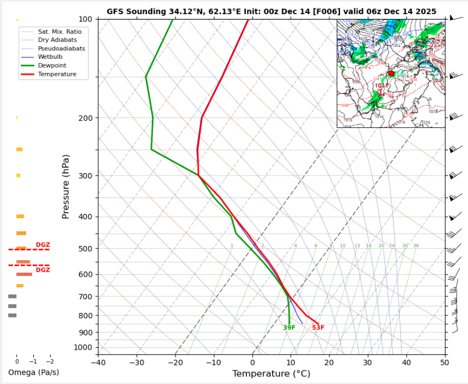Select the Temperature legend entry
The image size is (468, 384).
click(57, 74)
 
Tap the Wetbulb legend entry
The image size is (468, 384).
click(50, 56)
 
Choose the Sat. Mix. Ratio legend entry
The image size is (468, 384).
click(59, 30)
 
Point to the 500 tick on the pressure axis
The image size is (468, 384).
click(85, 249)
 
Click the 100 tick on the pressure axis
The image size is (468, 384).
click(85, 20)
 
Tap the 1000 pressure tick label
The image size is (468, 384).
click(84, 347)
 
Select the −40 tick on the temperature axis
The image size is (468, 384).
click(98, 363)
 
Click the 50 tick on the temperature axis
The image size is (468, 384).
click(444, 363)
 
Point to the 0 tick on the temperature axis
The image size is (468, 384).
click(252, 363)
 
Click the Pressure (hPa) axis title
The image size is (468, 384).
click(66, 187)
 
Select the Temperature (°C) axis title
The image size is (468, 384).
click(271, 374)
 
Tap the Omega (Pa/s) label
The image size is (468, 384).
click(33, 372)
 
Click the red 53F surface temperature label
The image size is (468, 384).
click(318, 328)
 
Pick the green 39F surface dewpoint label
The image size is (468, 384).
click(289, 328)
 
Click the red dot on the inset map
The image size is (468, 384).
click(390, 73)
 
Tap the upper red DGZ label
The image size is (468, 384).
click(43, 245)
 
